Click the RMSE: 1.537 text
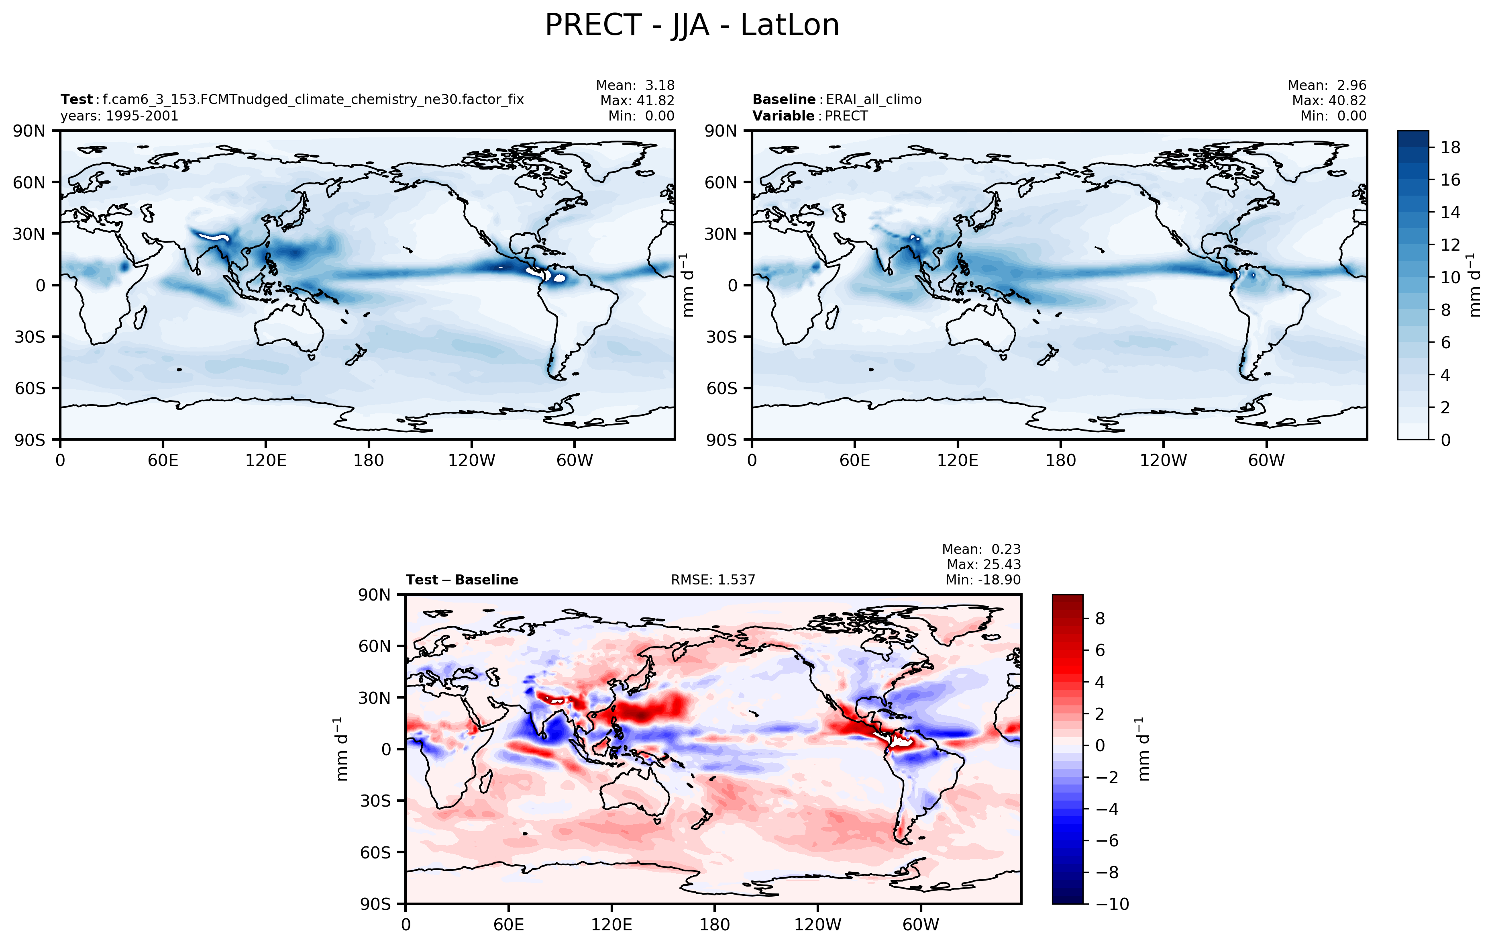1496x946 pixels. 713,580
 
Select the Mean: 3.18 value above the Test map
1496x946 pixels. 634,85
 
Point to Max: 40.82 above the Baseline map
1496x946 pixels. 1328,101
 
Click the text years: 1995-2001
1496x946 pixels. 119,116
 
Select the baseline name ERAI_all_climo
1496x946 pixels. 873,100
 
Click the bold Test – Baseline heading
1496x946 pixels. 462,580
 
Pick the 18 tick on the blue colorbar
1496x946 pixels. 1450,147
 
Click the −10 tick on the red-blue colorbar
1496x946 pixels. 1112,904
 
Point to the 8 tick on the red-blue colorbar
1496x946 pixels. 1100,619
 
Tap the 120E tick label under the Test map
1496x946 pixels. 266,461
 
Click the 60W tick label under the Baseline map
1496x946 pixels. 1266,461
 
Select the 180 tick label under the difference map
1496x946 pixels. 714,925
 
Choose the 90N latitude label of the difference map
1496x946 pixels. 375,595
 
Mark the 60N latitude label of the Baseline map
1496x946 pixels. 721,183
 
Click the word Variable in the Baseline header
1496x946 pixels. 783,116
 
